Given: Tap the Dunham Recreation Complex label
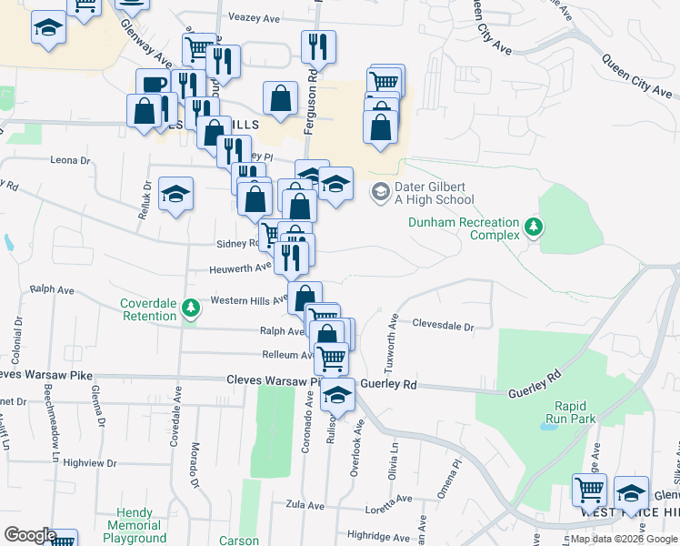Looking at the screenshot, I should [x=464, y=228].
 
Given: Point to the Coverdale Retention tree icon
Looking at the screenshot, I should [x=190, y=308].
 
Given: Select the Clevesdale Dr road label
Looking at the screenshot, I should [x=444, y=325].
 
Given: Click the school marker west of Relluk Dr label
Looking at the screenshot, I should [x=175, y=193].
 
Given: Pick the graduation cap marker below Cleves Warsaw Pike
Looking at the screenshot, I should [x=338, y=395].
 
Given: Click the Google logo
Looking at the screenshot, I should [x=29, y=535].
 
